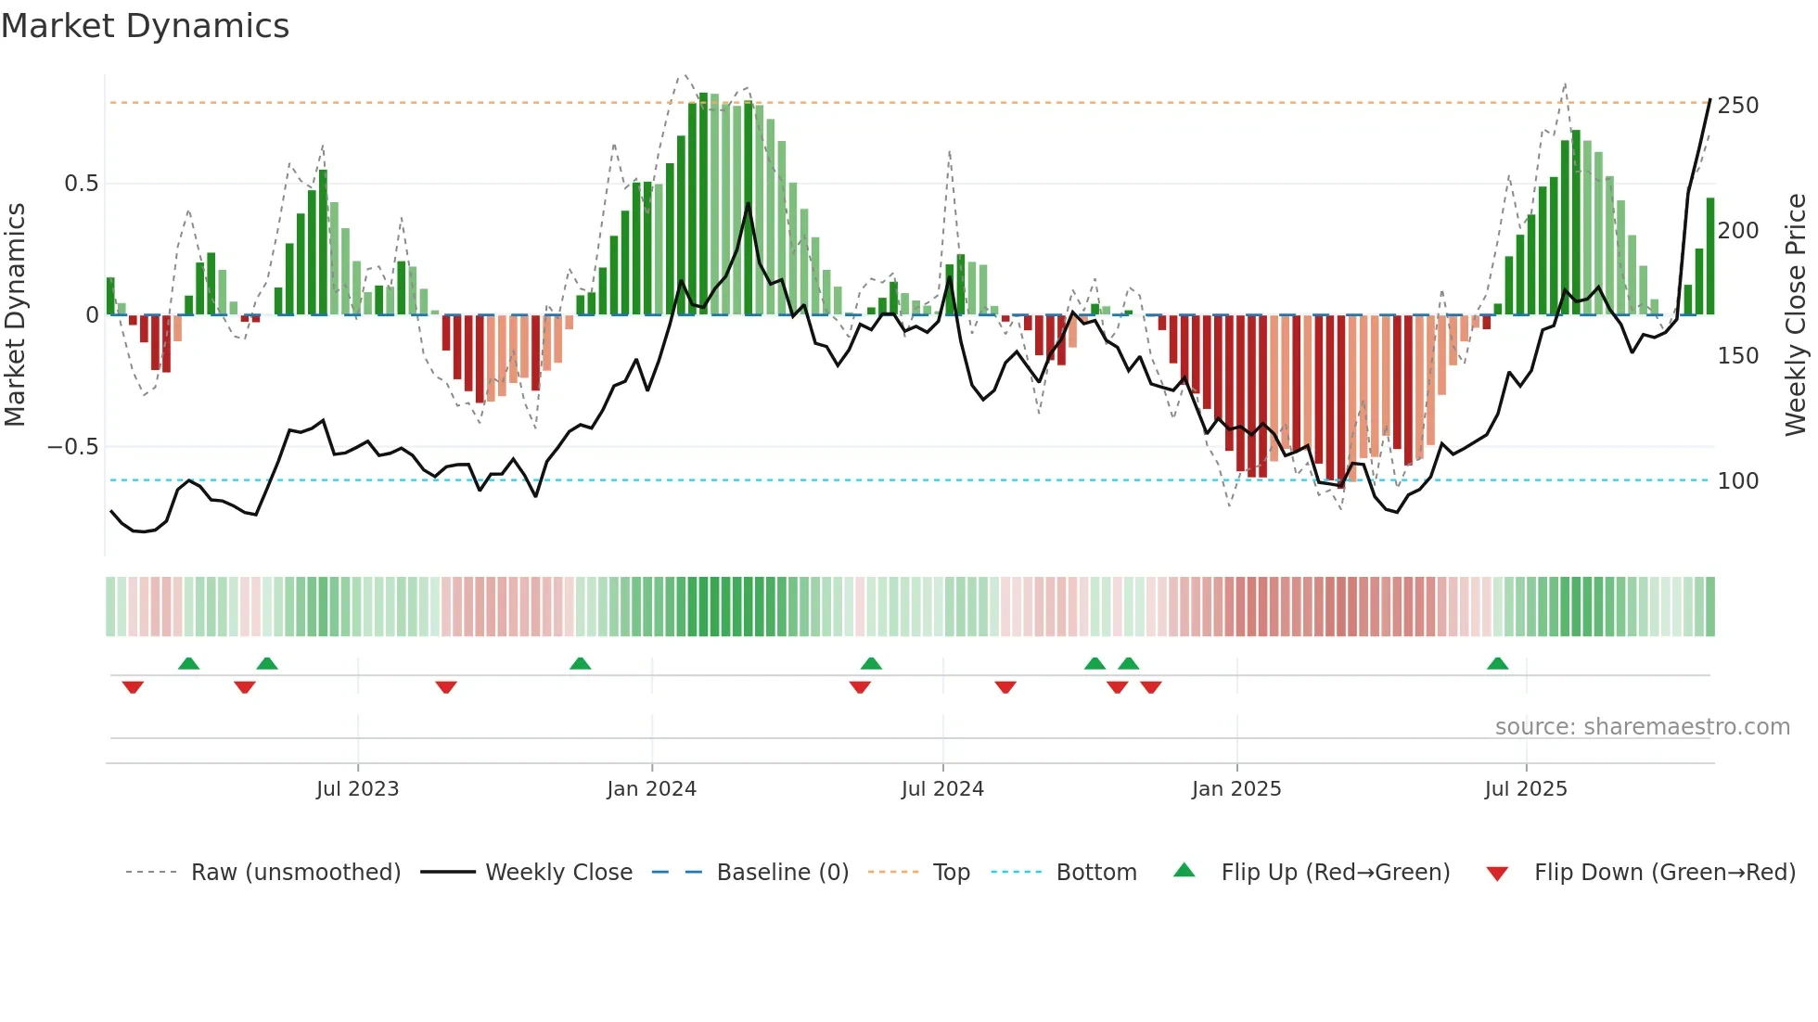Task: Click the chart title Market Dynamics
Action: [145, 26]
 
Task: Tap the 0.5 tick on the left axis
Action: [81, 184]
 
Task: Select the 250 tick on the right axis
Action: [1737, 106]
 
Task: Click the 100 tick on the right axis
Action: [1737, 481]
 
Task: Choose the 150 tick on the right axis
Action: [1737, 356]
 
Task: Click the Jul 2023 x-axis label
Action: [357, 789]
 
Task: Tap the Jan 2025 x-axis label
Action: [1235, 789]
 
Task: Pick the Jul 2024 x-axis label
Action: [941, 789]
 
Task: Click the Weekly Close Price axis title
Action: [1796, 315]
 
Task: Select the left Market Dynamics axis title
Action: [16, 315]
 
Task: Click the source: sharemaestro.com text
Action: [1642, 727]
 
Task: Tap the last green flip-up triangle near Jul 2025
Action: [1497, 664]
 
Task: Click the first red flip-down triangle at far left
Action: [133, 687]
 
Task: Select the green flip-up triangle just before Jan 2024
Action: [580, 664]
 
